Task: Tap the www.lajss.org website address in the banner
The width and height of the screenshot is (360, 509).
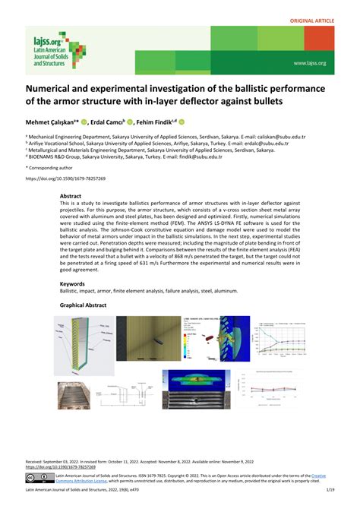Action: click(x=310, y=63)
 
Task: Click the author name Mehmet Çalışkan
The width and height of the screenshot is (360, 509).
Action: click(x=52, y=121)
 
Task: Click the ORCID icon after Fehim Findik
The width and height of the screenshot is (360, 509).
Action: click(x=182, y=121)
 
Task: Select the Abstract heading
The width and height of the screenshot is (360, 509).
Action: click(x=72, y=196)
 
